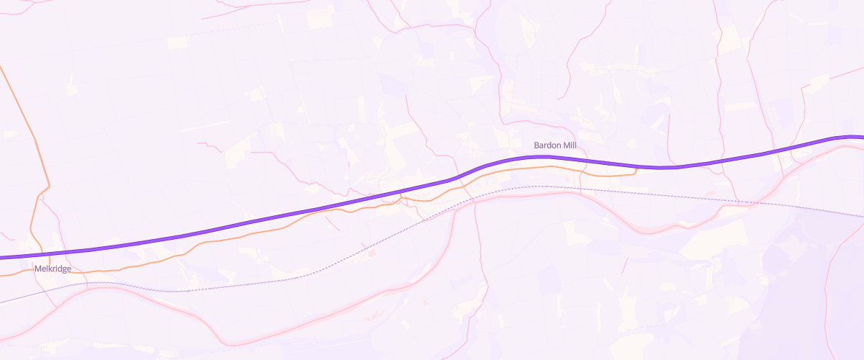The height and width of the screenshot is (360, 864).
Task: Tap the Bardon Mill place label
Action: tap(554, 145)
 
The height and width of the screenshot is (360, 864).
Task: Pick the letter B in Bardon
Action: tap(536, 145)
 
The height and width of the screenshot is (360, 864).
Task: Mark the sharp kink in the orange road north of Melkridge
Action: tap(48, 189)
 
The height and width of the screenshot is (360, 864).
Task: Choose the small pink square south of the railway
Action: tap(372, 253)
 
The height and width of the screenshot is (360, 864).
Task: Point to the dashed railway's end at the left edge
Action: tap(1, 302)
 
